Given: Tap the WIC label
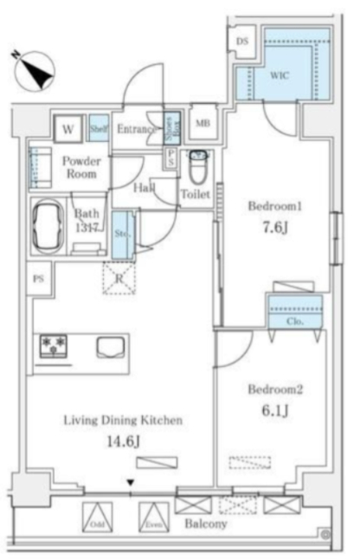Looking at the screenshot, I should tap(278, 75).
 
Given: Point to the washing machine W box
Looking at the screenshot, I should tap(68, 130).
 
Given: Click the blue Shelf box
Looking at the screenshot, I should tap(97, 129).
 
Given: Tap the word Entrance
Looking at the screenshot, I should tap(137, 130).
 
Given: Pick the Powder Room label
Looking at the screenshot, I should tap(81, 167).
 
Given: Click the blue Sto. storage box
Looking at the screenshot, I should tap(121, 234).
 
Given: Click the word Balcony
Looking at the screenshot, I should tap(206, 524).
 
